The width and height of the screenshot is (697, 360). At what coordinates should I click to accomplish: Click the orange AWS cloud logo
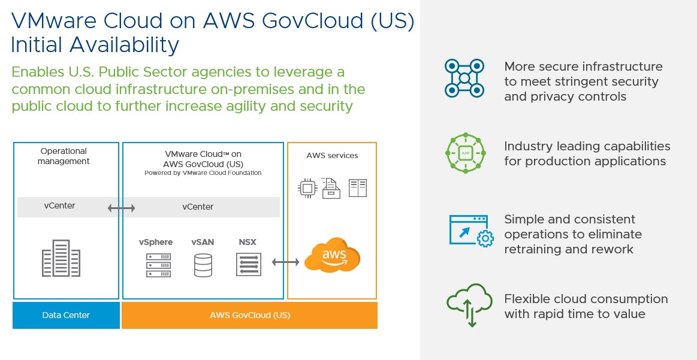click(x=332, y=256)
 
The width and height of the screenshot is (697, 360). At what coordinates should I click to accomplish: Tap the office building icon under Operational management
click(x=61, y=258)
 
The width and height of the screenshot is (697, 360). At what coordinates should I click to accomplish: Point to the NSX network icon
click(x=248, y=265)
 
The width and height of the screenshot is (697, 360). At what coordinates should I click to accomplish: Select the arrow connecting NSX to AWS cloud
click(x=285, y=262)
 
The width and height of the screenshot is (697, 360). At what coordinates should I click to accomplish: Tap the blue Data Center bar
click(x=66, y=315)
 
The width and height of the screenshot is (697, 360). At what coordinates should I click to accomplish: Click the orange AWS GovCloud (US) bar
click(x=249, y=315)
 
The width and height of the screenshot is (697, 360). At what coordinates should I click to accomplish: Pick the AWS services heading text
click(x=332, y=156)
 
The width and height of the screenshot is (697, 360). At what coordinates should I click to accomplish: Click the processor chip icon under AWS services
click(x=307, y=188)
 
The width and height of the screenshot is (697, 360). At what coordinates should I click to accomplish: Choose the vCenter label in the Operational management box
click(x=60, y=206)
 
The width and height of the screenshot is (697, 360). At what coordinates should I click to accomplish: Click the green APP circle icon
click(x=464, y=153)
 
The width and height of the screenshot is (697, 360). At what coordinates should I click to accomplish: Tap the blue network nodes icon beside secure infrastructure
click(x=464, y=78)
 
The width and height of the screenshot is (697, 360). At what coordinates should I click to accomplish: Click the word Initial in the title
click(x=44, y=45)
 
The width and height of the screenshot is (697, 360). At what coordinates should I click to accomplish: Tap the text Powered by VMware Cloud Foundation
click(x=203, y=173)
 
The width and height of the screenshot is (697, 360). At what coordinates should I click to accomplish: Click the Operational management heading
click(x=64, y=156)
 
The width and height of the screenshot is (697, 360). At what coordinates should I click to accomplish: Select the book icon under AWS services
click(x=358, y=188)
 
